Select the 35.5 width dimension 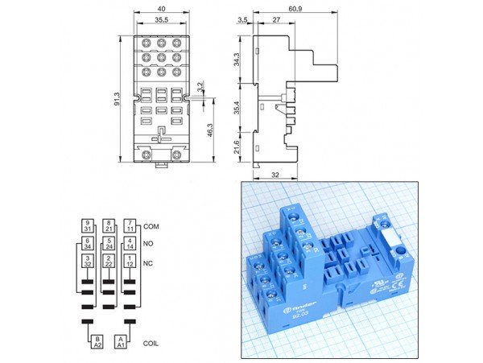tap(162, 20)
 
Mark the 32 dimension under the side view tap(276, 175)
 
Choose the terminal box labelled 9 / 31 tap(88, 226)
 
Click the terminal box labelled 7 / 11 tap(130, 226)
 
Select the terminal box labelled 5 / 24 tap(109, 243)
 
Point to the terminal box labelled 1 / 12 tap(130, 261)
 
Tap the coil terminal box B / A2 tap(97, 343)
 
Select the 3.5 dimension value tap(242, 20)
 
